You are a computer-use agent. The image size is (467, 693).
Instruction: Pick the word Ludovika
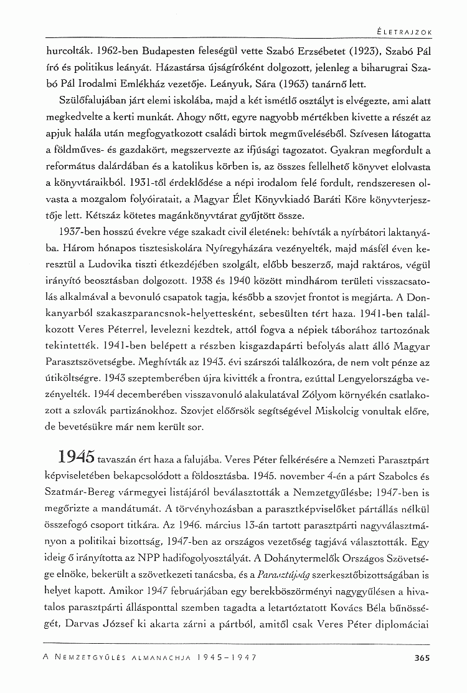pos(133,265)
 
